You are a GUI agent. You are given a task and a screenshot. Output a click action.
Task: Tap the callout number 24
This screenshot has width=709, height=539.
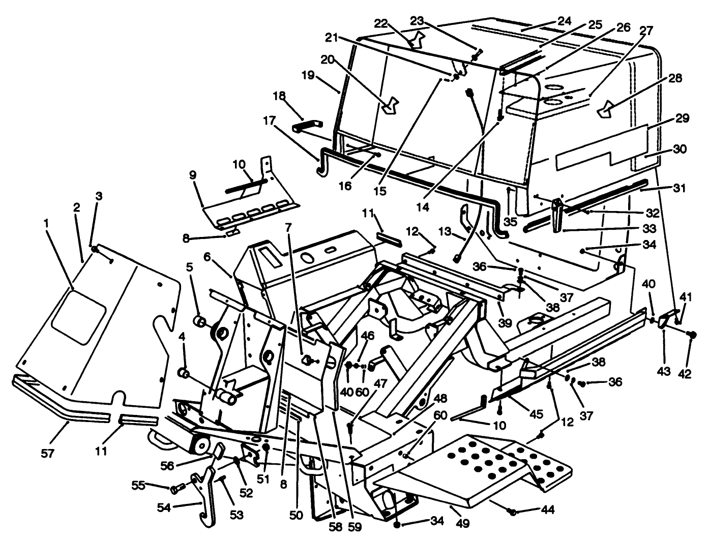[x=564, y=21]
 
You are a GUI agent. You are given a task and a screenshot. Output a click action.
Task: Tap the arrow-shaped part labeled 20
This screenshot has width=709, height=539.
[x=391, y=104]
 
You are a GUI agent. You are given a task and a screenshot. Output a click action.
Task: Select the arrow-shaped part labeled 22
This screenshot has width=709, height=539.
[x=418, y=40]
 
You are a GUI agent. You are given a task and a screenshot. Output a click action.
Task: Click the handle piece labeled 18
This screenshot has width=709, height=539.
[x=308, y=125]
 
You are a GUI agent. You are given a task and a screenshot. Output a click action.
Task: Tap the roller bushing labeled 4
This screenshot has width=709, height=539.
[x=184, y=375]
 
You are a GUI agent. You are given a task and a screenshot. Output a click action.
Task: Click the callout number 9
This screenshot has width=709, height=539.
[x=193, y=174]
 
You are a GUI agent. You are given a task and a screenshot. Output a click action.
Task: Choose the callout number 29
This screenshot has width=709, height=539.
[x=683, y=118]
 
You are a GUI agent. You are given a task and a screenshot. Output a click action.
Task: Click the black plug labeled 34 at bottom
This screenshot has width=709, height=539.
[x=397, y=524]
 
